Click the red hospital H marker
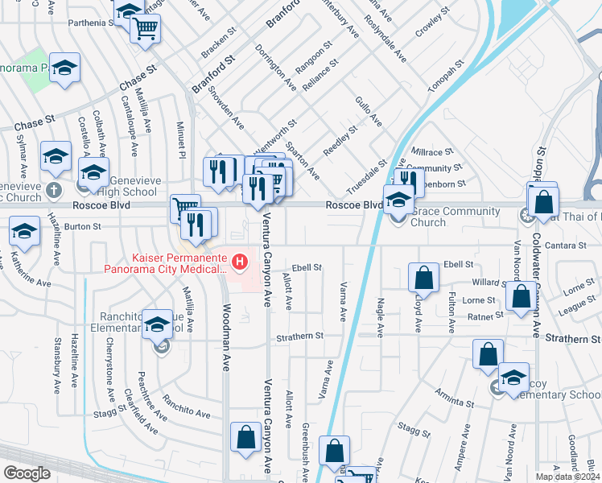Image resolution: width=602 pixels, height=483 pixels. point(239,262)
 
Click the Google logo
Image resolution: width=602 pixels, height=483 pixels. point(27,473)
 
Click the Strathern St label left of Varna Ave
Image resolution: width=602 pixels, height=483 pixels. point(299,336)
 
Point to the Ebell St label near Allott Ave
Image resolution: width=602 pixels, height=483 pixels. point(307,267)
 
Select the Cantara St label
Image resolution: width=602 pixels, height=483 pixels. point(571,245)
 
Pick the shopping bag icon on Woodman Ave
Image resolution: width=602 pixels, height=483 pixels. point(245,438)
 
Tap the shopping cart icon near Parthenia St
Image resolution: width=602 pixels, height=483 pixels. point(146,29)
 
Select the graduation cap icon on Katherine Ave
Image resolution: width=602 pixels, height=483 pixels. point(24,231)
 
